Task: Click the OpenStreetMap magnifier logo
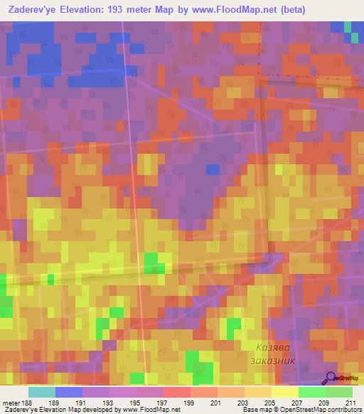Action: click(332, 377)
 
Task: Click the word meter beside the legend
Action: click(11, 402)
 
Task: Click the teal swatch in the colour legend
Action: click(41, 392)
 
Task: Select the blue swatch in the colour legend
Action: click(69, 392)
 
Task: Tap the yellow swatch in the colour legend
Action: click(285, 392)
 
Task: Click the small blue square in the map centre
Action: click(213, 169)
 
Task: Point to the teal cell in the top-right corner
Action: click(348, 26)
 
